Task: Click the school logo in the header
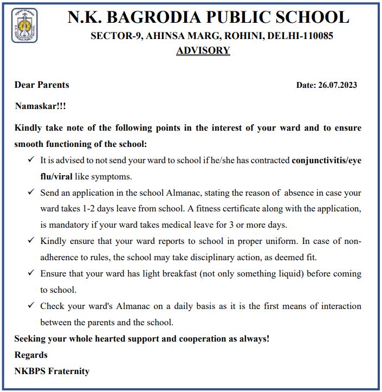pyautogui.click(x=24, y=25)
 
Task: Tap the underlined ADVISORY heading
pyautogui.click(x=203, y=50)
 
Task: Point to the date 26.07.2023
pyautogui.click(x=338, y=85)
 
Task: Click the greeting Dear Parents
pyautogui.click(x=42, y=85)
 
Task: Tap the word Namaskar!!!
pyautogui.click(x=41, y=106)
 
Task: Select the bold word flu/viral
pyautogui.click(x=59, y=177)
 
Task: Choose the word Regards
pyautogui.click(x=31, y=355)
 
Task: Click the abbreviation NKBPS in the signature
pyautogui.click(x=30, y=371)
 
